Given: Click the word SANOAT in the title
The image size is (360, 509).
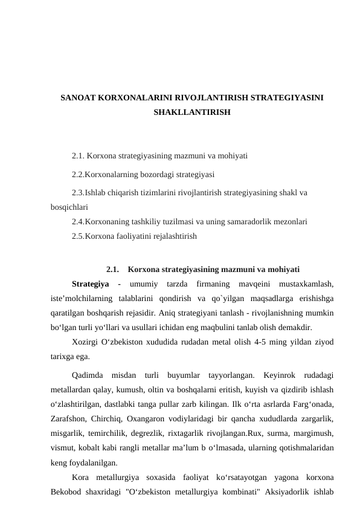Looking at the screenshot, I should [x=78, y=97].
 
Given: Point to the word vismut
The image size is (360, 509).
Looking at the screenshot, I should [x=63, y=449].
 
